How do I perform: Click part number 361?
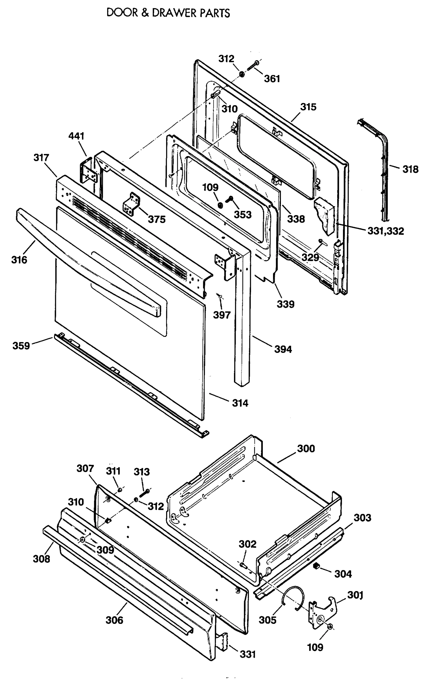pyautogui.click(x=272, y=78)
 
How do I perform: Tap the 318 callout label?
pyautogui.click(x=410, y=169)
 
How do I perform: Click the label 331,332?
pyautogui.click(x=385, y=231)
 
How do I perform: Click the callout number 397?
pyautogui.click(x=222, y=314)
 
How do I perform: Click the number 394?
pyautogui.click(x=283, y=349)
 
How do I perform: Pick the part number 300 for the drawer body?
pyautogui.click(x=306, y=449)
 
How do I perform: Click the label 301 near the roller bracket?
pyautogui.click(x=355, y=595)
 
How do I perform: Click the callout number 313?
pyautogui.click(x=141, y=472)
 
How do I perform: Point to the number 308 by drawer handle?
pyautogui.click(x=41, y=559)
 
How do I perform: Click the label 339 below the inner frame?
pyautogui.click(x=285, y=304)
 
